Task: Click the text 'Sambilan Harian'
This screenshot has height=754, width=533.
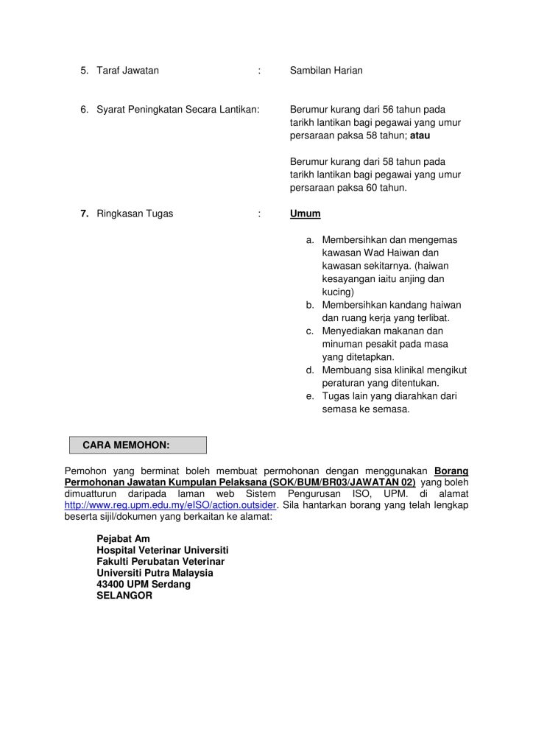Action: click(325, 71)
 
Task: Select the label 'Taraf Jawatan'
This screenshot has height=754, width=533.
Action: click(127, 71)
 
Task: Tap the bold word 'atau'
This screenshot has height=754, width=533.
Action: click(420, 135)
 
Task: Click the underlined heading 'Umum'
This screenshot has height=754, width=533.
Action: click(305, 214)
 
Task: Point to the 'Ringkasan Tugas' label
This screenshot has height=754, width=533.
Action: click(135, 214)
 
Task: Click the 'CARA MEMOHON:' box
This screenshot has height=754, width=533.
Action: click(138, 445)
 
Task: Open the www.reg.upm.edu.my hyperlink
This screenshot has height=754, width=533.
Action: click(171, 505)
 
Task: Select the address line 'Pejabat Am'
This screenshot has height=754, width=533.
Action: click(123, 539)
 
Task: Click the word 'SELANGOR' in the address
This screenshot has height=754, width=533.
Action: click(124, 596)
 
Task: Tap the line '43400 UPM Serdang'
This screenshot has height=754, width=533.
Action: click(144, 584)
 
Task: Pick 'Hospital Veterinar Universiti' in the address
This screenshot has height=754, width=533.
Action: click(163, 550)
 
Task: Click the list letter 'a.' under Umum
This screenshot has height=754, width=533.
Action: click(311, 240)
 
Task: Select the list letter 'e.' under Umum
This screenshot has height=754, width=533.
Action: click(311, 396)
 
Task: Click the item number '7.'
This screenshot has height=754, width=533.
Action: click(85, 214)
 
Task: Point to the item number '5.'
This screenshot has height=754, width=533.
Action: click(85, 71)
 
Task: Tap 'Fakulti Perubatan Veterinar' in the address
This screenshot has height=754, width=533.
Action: click(160, 561)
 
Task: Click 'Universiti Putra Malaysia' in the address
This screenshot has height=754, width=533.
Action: click(155, 573)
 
